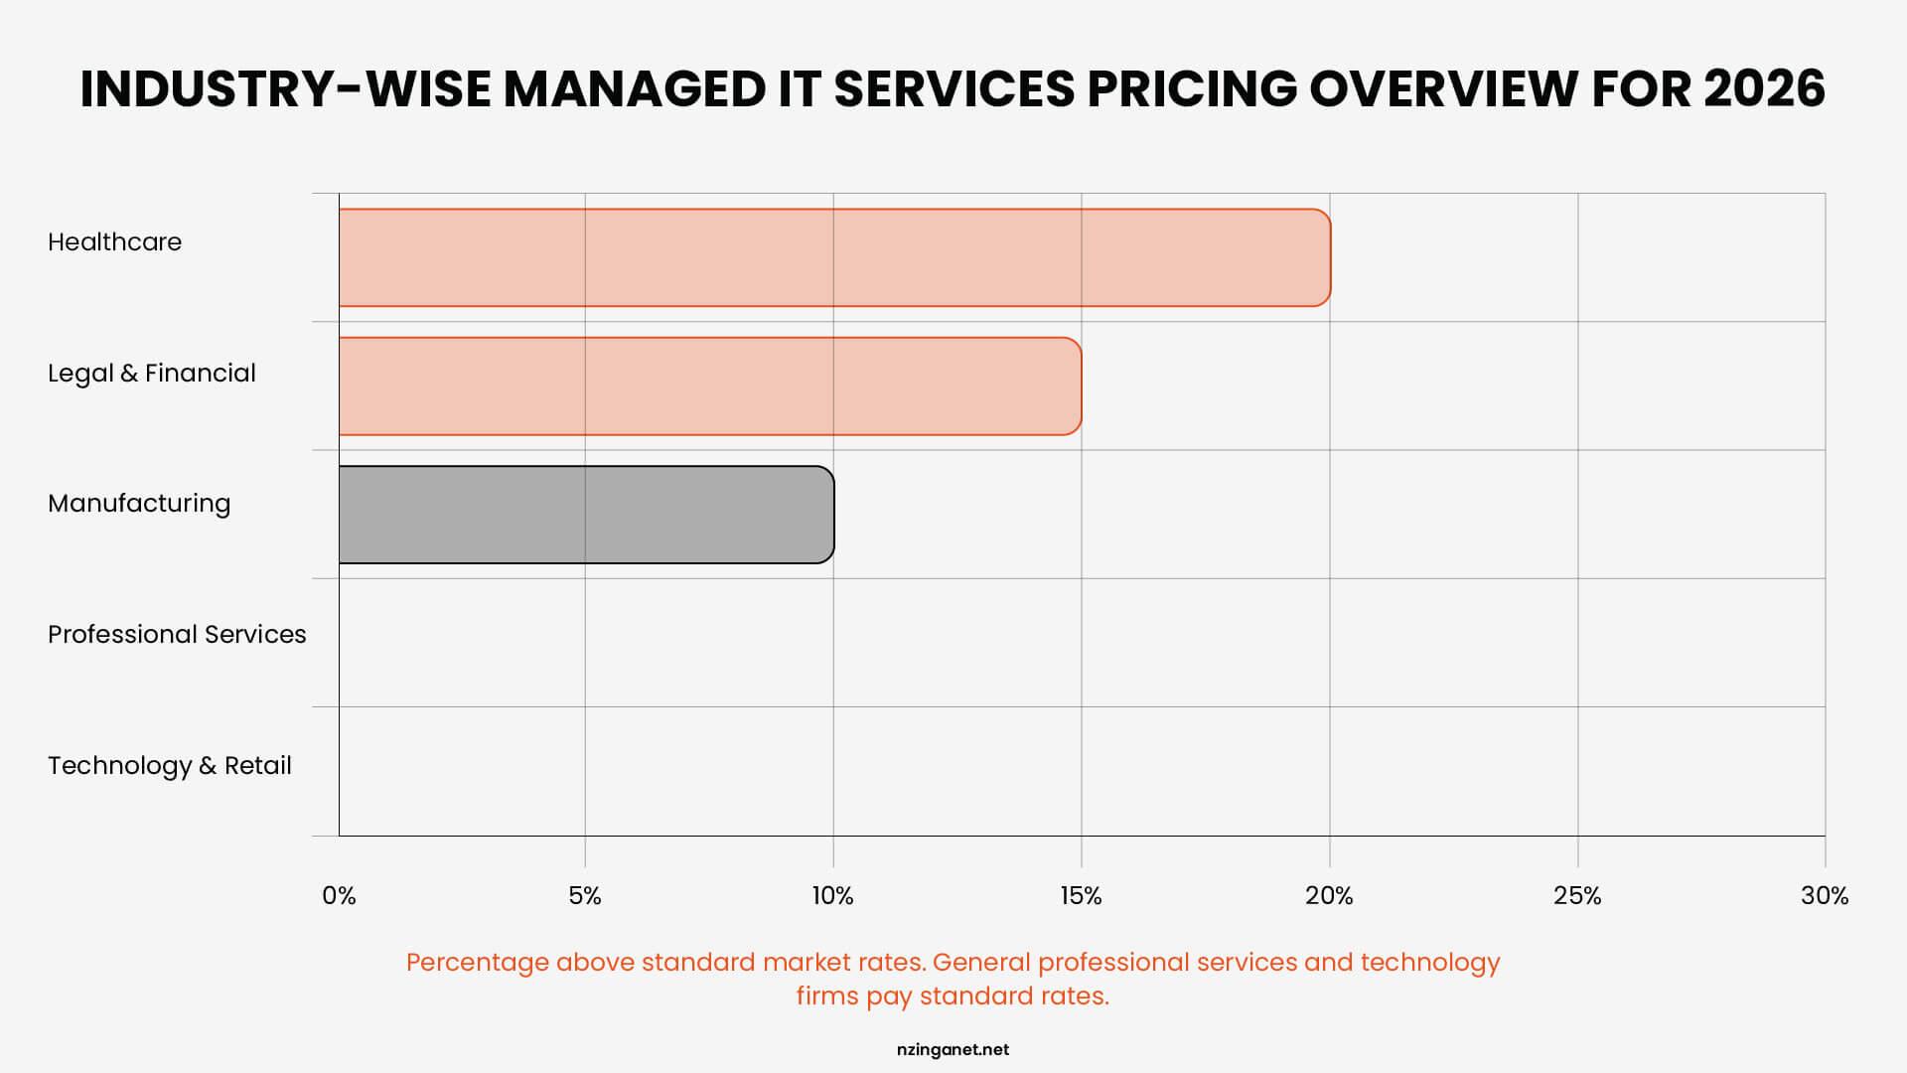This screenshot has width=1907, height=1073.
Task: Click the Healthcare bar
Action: coord(834,257)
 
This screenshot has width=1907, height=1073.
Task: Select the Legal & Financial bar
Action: coord(710,386)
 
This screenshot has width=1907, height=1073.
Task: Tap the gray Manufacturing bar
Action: coord(586,515)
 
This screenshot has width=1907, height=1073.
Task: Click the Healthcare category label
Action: coord(114,242)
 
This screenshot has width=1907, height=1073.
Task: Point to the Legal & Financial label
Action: coord(151,374)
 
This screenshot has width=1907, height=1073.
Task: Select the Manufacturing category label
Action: coord(139,504)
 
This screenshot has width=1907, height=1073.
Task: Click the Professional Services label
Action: coord(177,635)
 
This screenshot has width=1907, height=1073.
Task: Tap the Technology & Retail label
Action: coord(169,766)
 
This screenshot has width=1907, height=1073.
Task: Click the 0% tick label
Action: coord(339,896)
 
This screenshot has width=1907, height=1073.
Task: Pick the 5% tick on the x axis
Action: coord(585,896)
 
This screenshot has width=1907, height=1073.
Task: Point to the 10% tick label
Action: coord(832,896)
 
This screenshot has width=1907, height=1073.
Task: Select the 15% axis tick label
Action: coord(1081,896)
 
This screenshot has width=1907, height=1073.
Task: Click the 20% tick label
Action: coord(1329,896)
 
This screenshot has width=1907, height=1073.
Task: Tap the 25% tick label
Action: coord(1577,896)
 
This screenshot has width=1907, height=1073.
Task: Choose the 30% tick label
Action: coord(1825,896)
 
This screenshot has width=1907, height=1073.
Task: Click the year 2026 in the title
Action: coord(1764,89)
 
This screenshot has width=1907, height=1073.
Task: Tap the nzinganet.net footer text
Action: coord(953,1050)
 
